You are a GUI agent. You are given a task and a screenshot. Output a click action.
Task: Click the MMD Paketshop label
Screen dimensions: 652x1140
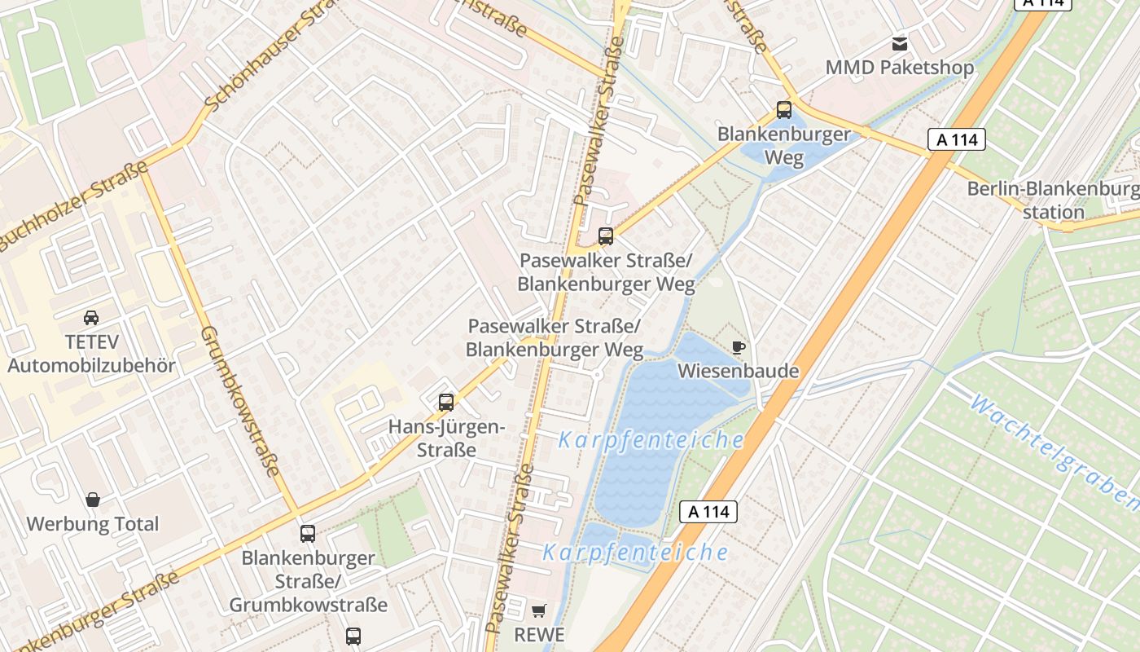[x=899, y=67]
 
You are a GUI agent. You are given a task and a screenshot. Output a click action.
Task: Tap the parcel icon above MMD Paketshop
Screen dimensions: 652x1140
[x=900, y=43]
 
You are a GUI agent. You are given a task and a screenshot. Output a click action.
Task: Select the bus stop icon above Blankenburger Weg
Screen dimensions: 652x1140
[x=783, y=109]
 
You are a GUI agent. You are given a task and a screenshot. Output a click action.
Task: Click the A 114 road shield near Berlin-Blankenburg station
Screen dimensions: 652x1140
[x=957, y=139]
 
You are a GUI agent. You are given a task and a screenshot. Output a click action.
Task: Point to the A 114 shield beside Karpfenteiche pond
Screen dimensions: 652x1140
[x=708, y=512]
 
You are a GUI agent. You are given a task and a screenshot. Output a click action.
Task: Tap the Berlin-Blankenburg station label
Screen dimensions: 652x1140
[x=1054, y=200]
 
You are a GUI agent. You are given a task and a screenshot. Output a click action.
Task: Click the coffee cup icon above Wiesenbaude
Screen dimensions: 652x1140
[x=738, y=348]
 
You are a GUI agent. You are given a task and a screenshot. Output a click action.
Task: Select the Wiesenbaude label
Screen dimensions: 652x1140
[x=738, y=372]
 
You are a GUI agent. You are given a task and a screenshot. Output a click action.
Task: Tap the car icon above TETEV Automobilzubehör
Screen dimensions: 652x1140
[x=91, y=317]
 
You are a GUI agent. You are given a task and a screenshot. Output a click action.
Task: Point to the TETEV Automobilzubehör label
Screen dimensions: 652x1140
[x=91, y=353]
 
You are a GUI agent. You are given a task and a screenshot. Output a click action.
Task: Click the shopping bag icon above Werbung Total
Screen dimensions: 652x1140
[x=93, y=500]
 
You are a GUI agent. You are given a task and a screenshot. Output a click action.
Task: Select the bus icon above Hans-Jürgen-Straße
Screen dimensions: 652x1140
[x=445, y=402]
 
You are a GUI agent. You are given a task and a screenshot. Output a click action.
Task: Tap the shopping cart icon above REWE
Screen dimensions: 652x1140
[x=538, y=610]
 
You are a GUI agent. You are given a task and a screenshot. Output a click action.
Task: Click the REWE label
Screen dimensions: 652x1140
[x=538, y=634]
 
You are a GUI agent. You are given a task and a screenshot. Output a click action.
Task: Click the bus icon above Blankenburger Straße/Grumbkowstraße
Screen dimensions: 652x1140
[x=307, y=534]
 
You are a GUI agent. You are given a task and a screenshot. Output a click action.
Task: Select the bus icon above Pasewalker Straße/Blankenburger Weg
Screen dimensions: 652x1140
[x=605, y=236]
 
